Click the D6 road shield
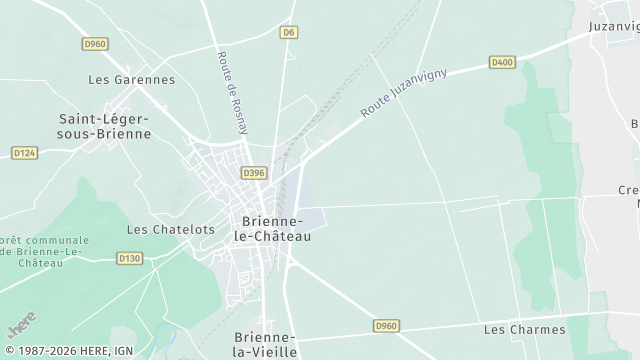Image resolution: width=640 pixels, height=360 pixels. [288, 32]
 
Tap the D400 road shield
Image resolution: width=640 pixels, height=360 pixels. [502, 62]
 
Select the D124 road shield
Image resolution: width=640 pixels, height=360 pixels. [24, 152]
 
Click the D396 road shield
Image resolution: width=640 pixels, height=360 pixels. [253, 173]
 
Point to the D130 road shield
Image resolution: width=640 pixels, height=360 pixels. [130, 258]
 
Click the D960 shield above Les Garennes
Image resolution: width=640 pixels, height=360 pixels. [95, 44]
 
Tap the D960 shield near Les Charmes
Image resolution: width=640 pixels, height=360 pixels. [387, 326]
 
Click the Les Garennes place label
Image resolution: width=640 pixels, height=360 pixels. [131, 80]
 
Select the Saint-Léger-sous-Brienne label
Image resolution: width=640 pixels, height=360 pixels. [105, 126]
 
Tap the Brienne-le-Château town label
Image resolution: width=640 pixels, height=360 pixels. [272, 229]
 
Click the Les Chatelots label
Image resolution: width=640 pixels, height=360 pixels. [170, 229]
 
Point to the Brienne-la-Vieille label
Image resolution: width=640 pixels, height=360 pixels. [264, 345]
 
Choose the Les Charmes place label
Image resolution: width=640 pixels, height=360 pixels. [524, 329]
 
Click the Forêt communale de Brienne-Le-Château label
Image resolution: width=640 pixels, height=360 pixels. [45, 251]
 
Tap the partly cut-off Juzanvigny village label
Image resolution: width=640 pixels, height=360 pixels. [612, 26]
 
